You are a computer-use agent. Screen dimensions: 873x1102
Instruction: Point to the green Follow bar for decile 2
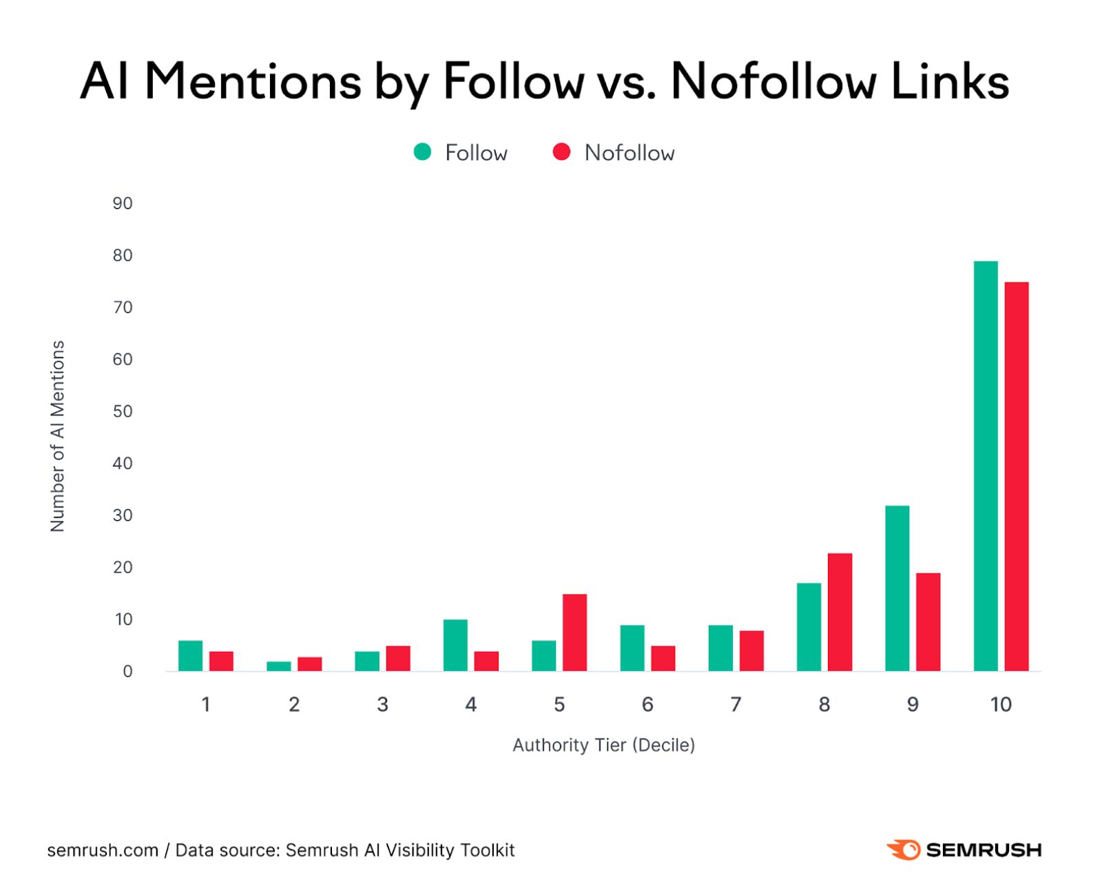(x=279, y=666)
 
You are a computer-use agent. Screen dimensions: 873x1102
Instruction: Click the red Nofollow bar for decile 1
(x=221, y=661)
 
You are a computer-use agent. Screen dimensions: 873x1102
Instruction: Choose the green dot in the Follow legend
(x=422, y=152)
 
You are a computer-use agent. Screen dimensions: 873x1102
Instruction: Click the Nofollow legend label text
(x=629, y=153)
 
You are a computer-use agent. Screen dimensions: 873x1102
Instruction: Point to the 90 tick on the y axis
(x=123, y=203)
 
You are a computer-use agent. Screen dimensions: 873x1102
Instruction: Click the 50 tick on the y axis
(x=123, y=411)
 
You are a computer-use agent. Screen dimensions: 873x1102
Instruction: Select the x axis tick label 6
(x=647, y=704)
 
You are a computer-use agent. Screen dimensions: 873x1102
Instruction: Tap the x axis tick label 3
(x=382, y=704)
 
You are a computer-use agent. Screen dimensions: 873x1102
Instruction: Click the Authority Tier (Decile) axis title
(x=603, y=745)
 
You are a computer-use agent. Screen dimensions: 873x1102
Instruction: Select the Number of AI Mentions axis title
(x=58, y=435)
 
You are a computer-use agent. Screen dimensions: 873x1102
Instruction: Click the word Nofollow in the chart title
(x=773, y=82)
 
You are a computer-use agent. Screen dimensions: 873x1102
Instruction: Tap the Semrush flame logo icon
(x=904, y=850)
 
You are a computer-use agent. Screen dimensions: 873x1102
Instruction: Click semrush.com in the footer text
(x=103, y=850)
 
